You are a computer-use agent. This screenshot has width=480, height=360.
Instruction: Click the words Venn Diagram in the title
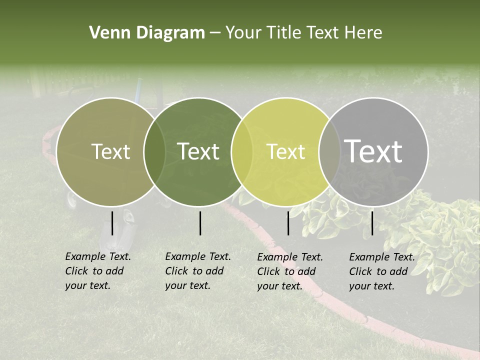tap(147, 33)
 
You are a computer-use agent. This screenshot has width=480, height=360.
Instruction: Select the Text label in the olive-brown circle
tap(110, 152)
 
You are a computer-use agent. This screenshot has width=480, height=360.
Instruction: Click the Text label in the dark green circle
tap(198, 152)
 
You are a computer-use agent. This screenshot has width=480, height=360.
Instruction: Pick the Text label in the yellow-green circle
tap(286, 152)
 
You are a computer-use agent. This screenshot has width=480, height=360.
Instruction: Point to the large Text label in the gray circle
tap(373, 151)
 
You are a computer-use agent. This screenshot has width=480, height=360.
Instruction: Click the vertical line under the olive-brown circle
tap(112, 223)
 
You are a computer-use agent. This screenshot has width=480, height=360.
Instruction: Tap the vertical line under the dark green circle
tap(200, 223)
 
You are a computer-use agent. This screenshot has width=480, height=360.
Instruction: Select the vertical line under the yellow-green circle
tap(288, 223)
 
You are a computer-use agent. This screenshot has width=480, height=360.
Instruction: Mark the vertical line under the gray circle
tap(372, 223)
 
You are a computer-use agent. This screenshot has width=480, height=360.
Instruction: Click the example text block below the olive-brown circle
tap(98, 271)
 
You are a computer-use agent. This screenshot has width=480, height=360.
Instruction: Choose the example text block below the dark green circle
tap(198, 271)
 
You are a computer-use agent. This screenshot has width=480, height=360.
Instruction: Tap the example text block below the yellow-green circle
tap(290, 271)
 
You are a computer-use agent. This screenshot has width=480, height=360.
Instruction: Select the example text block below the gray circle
tap(382, 271)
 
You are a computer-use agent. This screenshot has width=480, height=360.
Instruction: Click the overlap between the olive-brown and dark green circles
tap(154, 152)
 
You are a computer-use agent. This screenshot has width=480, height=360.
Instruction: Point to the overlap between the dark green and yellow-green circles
tap(242, 152)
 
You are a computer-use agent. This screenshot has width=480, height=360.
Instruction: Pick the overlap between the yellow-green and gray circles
tap(329, 152)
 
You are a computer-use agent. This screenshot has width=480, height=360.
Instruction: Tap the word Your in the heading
tap(244, 33)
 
